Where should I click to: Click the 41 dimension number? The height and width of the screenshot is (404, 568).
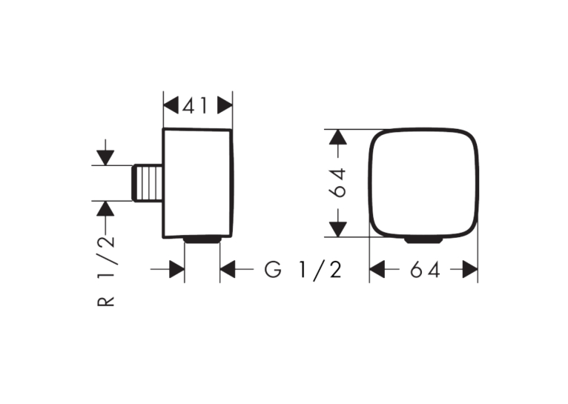195,106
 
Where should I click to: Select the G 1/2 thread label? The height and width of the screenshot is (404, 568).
303,270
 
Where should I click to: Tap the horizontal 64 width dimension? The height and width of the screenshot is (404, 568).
425,270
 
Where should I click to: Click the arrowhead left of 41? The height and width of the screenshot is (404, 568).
171,106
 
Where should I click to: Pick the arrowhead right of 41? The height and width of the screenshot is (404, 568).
225,106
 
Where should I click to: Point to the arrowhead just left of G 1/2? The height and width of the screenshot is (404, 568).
228,269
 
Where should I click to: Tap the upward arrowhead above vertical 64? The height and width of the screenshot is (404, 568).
338,137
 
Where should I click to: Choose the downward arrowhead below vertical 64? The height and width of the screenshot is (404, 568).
338,230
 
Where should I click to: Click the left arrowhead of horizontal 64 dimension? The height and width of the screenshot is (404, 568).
377,269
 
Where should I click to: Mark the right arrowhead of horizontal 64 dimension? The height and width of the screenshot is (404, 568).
470,269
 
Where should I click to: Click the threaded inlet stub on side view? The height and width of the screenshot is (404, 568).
148,183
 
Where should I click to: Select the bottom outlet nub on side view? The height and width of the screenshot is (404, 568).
202,239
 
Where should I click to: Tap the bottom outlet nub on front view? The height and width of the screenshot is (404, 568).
423,240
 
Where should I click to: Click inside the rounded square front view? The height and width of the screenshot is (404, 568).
423,183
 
